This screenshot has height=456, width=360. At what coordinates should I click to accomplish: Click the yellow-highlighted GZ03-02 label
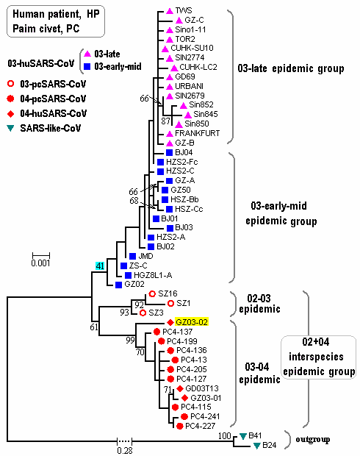coord(192,322)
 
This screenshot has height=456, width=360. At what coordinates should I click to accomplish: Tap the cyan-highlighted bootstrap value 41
coord(100,266)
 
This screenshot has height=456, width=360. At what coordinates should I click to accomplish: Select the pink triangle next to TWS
coord(170,11)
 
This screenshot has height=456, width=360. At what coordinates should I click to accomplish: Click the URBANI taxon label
coord(189,86)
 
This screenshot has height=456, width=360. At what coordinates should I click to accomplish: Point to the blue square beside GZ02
coord(118,285)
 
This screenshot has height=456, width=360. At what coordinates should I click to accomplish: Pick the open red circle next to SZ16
coord(152,294)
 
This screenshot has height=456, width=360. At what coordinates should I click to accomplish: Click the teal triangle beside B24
coord(257,446)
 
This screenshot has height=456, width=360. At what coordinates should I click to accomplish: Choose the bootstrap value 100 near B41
coord(224,435)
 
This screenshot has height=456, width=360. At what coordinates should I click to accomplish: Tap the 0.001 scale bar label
coord(40,263)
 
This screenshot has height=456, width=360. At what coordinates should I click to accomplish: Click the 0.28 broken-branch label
coord(125,450)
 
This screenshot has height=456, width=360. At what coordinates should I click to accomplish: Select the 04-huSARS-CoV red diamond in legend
coord(11,114)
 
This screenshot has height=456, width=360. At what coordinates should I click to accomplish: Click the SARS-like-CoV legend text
coord(51,128)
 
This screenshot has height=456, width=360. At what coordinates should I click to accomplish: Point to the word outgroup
coord(313,439)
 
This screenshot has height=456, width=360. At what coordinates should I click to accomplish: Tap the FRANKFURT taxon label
coord(198,133)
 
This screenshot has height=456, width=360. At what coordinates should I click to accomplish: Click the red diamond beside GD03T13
coord(180,388)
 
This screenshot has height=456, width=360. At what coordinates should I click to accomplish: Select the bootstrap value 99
coord(131,340)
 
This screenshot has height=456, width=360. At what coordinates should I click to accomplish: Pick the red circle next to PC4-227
coord(180,427)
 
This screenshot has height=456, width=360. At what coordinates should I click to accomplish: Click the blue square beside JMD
coord(132,256)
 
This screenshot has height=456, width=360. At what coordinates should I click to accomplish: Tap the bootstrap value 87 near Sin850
coord(165,121)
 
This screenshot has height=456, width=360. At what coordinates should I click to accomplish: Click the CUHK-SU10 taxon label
coord(192,48)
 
